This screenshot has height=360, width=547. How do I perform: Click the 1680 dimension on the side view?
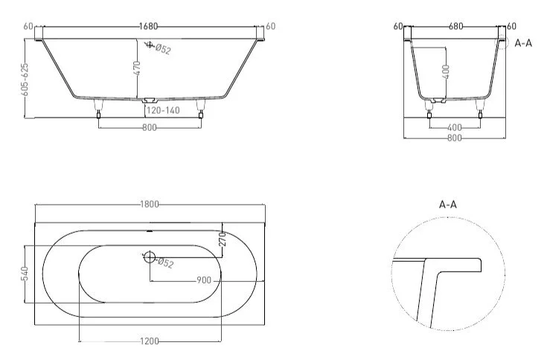(149, 27)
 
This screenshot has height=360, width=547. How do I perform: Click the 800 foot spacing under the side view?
(149, 128)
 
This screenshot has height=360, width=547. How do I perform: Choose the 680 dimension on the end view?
(455, 26)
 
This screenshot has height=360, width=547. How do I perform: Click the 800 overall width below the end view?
(454, 138)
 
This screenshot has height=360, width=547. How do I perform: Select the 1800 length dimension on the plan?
(150, 205)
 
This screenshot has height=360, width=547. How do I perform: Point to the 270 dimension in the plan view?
(221, 240)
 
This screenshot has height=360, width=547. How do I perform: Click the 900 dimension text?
(205, 280)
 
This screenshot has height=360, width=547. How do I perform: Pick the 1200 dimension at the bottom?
(150, 341)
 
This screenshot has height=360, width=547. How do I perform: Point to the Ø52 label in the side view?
(161, 49)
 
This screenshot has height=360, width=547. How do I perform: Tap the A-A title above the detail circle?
(447, 203)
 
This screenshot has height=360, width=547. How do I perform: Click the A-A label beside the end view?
(523, 42)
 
